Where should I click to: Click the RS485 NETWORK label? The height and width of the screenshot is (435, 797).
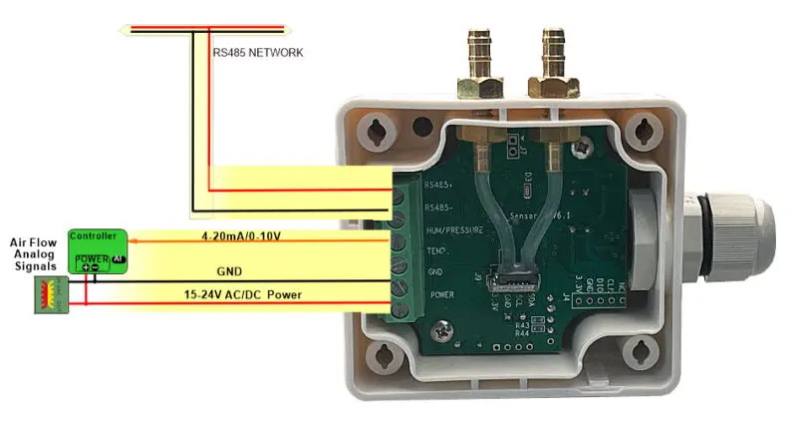[x=257, y=53]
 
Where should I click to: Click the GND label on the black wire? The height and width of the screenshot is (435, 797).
[x=229, y=270]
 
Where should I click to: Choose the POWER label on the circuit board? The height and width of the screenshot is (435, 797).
[x=441, y=295]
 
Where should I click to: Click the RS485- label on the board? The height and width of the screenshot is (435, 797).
[x=439, y=208]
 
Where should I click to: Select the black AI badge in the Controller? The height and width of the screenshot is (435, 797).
[x=118, y=258]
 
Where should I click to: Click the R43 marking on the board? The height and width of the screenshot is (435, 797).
[x=522, y=324]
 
